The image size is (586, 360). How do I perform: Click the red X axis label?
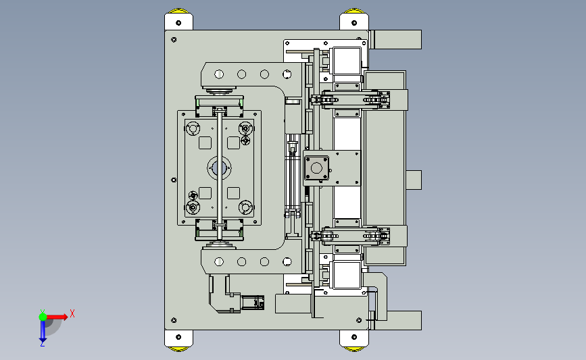tap(72, 313)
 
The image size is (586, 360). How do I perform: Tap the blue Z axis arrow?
tap(43, 331)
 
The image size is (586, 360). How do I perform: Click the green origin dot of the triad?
tap(43, 317)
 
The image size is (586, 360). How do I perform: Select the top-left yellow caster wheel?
tap(178, 11)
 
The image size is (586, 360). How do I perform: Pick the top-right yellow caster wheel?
tap(354, 11)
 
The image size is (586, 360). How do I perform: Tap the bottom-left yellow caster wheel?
tap(178, 349)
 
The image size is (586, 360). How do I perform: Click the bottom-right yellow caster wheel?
tap(354, 349)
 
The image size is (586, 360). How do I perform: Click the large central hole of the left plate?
tap(219, 168)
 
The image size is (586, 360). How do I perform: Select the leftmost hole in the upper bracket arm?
tap(219, 74)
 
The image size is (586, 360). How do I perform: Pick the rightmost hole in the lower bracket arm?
tap(287, 262)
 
